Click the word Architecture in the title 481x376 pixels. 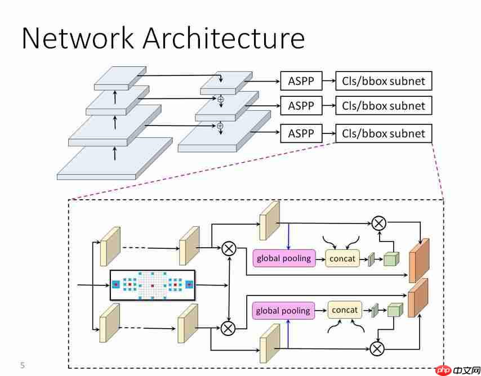(224, 38)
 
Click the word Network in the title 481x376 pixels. (78, 38)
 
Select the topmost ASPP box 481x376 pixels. (301, 82)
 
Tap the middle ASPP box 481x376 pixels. (301, 106)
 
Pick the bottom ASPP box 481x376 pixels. (301, 133)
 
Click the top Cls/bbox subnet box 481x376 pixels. (384, 82)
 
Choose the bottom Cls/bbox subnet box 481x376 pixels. (384, 133)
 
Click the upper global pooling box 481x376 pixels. (283, 258)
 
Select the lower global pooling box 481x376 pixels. (283, 311)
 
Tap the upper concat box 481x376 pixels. (343, 258)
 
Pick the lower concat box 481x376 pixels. (345, 310)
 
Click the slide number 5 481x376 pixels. (23, 365)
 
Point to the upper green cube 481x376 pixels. (390, 258)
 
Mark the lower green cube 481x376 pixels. (395, 310)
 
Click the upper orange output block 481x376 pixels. (419, 259)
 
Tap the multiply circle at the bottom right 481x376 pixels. (377, 348)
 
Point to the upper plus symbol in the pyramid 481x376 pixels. (221, 99)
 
